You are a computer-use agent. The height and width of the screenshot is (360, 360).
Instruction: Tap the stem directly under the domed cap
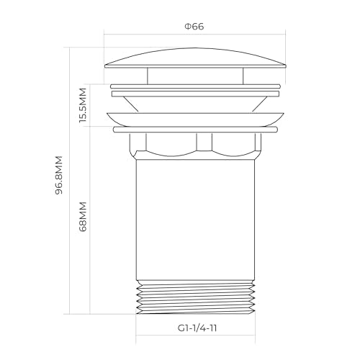point(194,76)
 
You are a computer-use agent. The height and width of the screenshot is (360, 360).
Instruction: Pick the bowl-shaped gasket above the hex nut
point(194,119)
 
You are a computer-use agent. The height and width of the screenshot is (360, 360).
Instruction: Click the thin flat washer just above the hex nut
point(194,130)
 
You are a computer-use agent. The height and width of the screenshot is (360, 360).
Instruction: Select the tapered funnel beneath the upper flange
point(194,102)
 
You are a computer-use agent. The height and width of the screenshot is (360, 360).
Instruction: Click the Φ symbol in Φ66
point(187,27)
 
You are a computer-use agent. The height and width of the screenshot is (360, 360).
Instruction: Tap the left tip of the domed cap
point(105,66)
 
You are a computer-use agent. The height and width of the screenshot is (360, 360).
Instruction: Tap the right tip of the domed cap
point(286,66)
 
